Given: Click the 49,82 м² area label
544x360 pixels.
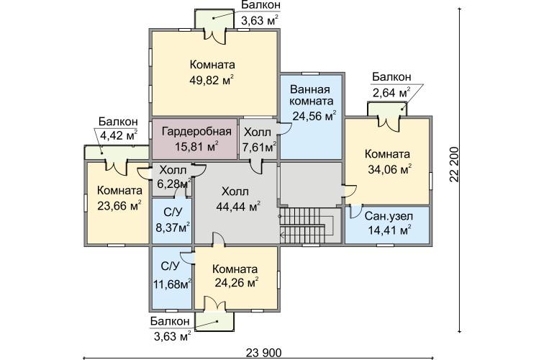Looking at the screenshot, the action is pyautogui.click(x=212, y=80).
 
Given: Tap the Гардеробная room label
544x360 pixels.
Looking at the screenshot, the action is pyautogui.click(x=196, y=132).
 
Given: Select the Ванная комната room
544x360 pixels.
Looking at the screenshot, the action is pyautogui.click(x=311, y=117).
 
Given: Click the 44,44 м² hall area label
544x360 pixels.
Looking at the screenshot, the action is pyautogui.click(x=238, y=207).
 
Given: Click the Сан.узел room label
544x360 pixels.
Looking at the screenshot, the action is pyautogui.click(x=389, y=216).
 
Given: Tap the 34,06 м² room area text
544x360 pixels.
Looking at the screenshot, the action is pyautogui.click(x=389, y=169).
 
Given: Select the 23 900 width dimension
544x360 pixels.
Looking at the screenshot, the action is pyautogui.click(x=264, y=353).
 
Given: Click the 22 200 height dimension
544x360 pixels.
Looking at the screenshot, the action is pyautogui.click(x=455, y=165).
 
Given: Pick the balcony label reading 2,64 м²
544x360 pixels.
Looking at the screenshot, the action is pyautogui.click(x=391, y=93).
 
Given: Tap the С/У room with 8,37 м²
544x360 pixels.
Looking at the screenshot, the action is pyautogui.click(x=172, y=221).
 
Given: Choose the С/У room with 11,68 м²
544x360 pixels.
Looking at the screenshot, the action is pyautogui.click(x=172, y=278).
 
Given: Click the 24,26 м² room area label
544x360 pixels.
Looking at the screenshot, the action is pyautogui.click(x=237, y=282).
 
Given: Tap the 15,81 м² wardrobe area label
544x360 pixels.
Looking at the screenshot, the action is pyautogui.click(x=196, y=146).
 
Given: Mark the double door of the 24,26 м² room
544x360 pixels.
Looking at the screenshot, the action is pyautogui.click(x=215, y=303).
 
